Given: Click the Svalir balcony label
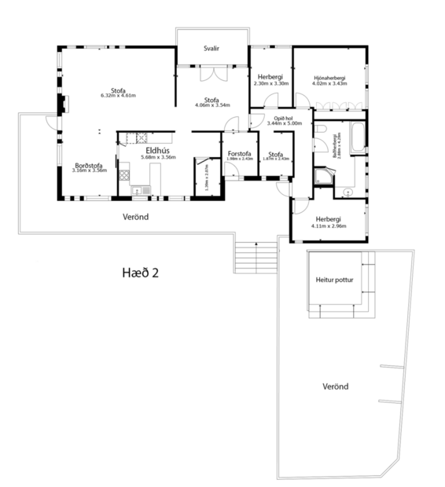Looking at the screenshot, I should (211, 49).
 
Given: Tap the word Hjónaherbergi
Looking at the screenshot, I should (329, 79).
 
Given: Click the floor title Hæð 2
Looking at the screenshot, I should (141, 273).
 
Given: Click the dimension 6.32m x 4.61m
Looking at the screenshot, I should (119, 96).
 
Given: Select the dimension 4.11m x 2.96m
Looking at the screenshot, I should (329, 226).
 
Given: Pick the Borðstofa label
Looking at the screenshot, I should (89, 165).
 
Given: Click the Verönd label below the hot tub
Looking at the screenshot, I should (336, 386).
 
